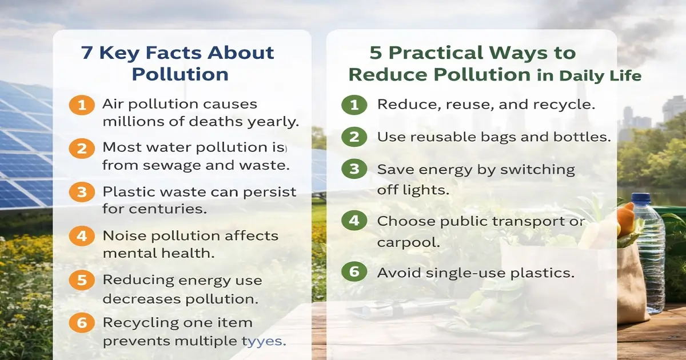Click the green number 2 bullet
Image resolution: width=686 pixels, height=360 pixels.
[x=354, y=137]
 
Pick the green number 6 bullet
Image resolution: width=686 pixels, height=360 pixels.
[x=354, y=273]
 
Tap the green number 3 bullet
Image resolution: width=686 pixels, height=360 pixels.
[x=354, y=170]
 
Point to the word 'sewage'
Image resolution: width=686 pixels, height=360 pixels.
[x=167, y=166]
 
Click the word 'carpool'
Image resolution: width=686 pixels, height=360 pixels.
[x=408, y=242]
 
